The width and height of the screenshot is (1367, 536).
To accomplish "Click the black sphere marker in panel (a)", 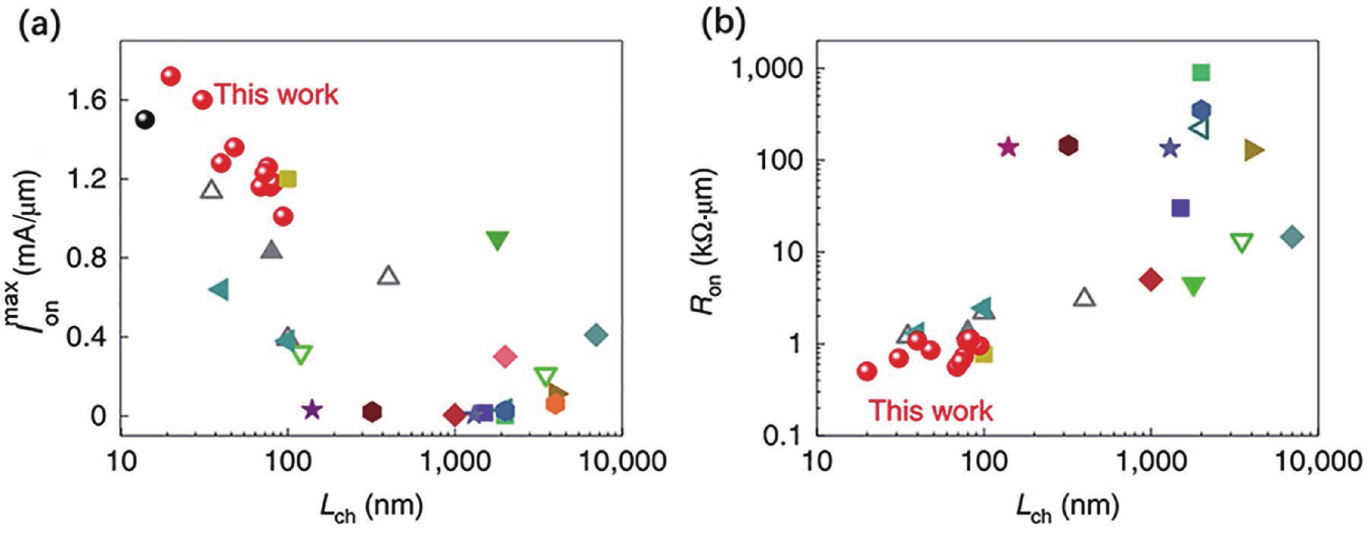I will [x=145, y=120].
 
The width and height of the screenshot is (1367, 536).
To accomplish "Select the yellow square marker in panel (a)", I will [x=288, y=179].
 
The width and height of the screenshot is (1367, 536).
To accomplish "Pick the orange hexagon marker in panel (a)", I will [x=555, y=404].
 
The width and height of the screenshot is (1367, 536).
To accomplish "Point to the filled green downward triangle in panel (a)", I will [x=497, y=240].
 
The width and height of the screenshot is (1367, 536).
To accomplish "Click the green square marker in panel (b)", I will [x=1201, y=73].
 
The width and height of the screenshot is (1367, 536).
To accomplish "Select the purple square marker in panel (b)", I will [x=1180, y=208].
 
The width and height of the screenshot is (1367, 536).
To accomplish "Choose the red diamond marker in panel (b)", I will [x=1150, y=280].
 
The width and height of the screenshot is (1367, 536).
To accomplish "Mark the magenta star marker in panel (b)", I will [x=1008, y=147].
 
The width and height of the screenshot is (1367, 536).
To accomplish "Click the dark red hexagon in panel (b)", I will [x=1068, y=145].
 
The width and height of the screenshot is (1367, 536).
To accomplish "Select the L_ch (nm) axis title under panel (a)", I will [x=371, y=507].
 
